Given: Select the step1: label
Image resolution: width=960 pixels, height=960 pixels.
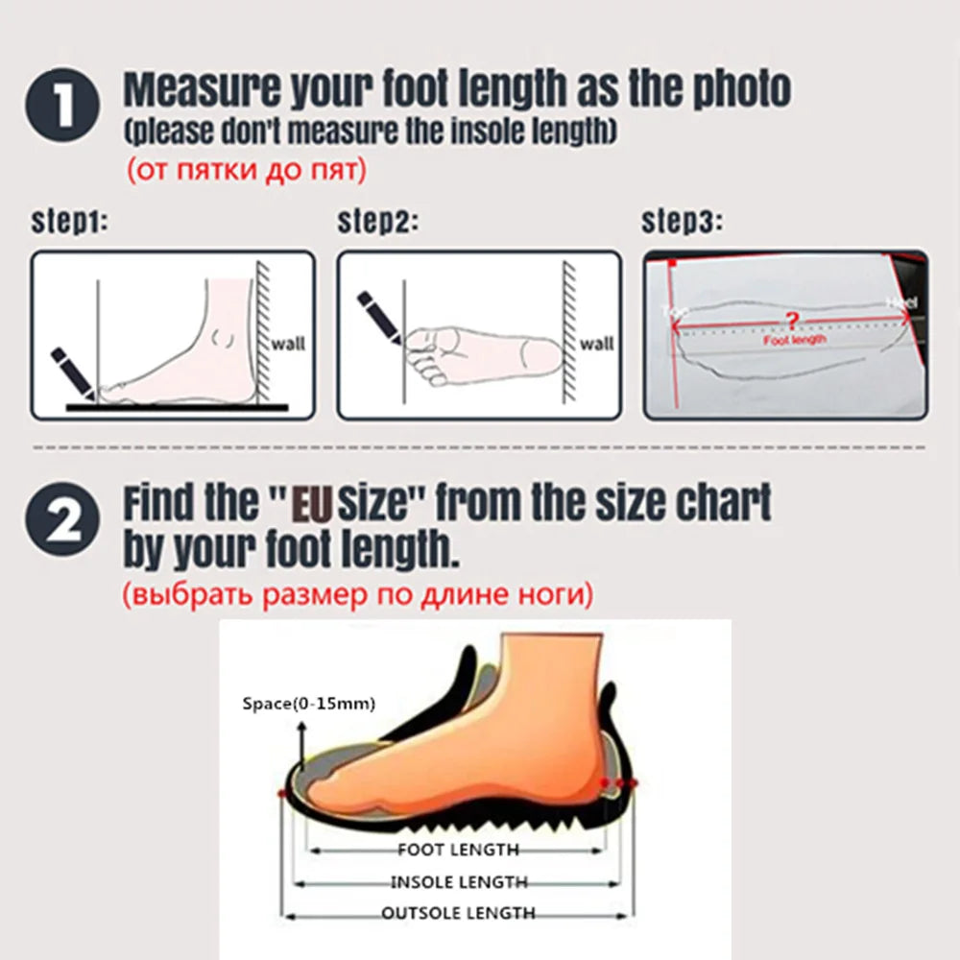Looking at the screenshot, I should click(x=70, y=224).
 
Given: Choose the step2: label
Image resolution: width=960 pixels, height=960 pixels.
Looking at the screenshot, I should click(x=377, y=224).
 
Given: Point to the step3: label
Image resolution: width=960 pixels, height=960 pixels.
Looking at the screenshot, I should click(x=682, y=224).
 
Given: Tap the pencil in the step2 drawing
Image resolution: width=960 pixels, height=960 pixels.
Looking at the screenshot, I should click(x=379, y=314).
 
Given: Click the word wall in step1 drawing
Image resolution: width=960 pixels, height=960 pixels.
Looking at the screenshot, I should click(x=289, y=343).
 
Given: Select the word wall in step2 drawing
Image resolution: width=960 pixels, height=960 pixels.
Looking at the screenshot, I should click(x=597, y=343).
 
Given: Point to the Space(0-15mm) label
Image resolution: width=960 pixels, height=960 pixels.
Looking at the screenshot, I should click(x=308, y=705).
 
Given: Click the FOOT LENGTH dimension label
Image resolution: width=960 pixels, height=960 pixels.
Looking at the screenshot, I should click(x=458, y=850).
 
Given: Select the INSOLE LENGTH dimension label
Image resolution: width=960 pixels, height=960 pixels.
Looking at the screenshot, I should click(x=459, y=882).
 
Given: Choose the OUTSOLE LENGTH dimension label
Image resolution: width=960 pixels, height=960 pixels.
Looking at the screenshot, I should click(x=459, y=913).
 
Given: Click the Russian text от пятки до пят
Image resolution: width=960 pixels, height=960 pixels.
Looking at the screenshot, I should click(x=246, y=171).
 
